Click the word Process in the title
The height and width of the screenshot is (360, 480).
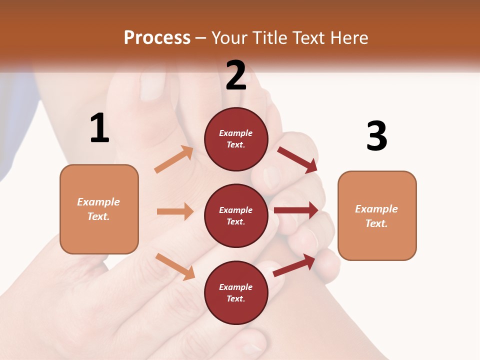click(157, 38)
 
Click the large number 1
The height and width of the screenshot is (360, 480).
click(99, 128)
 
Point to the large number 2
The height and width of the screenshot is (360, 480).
click(236, 75)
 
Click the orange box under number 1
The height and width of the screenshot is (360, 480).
click(99, 209)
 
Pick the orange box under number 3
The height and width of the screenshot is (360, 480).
click(377, 216)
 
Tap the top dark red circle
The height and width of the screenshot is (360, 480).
click(236, 139)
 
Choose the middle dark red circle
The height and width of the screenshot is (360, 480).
click(236, 215)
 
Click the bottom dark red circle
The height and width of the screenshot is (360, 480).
click(236, 292)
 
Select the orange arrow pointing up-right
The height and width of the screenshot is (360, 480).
click(174, 159)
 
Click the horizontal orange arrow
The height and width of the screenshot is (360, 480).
click(175, 211)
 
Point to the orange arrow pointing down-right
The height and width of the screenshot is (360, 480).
click(175, 266)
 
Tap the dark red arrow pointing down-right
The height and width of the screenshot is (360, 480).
click(298, 159)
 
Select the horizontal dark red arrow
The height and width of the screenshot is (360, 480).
click(296, 210)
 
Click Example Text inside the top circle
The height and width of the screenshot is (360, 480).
click(236, 139)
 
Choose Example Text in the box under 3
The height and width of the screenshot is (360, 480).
click(376, 216)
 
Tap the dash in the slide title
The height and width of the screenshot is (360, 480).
click(201, 38)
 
